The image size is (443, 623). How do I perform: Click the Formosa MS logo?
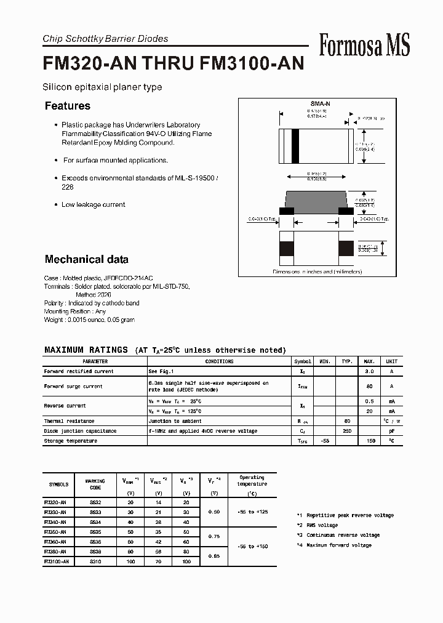point(364,45)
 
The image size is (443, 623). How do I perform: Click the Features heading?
point(68,106)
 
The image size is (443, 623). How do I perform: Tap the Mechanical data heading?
point(87,259)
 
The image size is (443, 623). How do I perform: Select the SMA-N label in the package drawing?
point(317,105)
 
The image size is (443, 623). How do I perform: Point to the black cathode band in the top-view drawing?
point(295,146)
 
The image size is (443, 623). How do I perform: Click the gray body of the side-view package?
point(317,199)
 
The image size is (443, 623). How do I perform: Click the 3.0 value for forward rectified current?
point(370,372)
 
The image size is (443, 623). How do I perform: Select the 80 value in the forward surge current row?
point(370,387)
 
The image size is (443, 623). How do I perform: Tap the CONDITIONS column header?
point(219,362)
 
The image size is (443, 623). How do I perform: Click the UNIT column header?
point(391,362)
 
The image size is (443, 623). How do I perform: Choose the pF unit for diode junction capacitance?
point(391,431)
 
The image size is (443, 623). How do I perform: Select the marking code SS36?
point(95,542)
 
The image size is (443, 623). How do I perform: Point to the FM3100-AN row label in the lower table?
point(57,561)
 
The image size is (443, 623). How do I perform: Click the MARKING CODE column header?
point(95,484)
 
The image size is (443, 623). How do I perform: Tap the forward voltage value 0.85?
point(214,557)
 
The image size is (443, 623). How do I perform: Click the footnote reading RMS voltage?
point(319,525)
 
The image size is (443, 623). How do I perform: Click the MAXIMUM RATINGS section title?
point(86,350)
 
